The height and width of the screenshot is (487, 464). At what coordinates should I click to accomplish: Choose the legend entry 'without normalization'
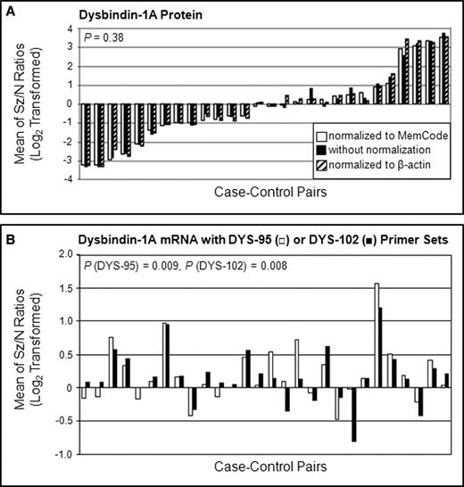380,149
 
